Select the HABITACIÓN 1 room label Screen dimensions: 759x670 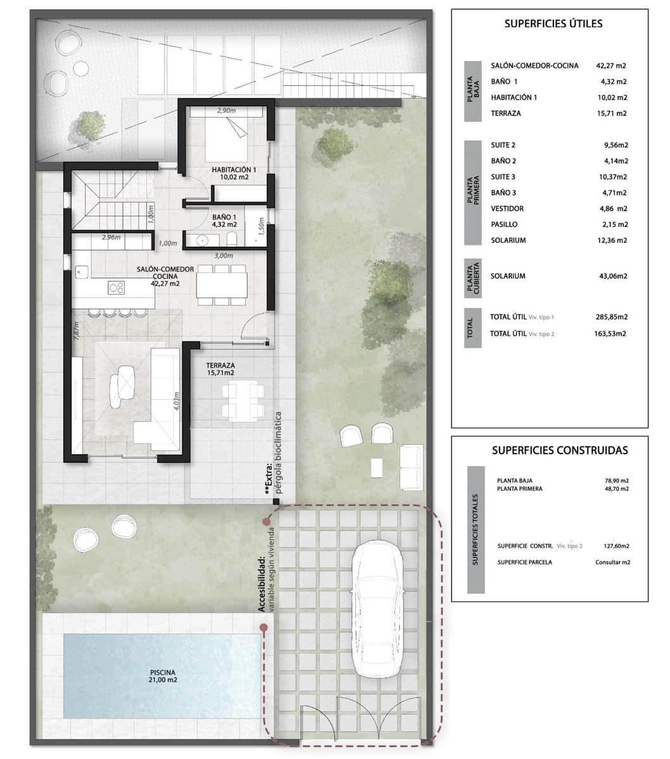(234, 173)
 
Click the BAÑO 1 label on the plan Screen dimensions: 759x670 (224, 220)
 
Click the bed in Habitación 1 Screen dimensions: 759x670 (227, 138)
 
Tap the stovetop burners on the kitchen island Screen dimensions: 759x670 (116, 287)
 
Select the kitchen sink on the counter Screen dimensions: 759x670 (82, 272)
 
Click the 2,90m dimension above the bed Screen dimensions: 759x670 (226, 111)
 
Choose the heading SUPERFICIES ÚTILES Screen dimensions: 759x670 (553, 24)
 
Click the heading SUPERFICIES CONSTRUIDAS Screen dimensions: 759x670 (560, 450)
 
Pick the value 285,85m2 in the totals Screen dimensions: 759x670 (612, 317)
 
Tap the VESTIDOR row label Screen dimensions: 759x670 (507, 208)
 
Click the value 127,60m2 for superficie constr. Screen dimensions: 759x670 (616, 546)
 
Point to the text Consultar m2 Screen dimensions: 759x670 (612, 562)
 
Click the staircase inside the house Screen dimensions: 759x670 (111, 199)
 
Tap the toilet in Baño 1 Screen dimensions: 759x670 (232, 238)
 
